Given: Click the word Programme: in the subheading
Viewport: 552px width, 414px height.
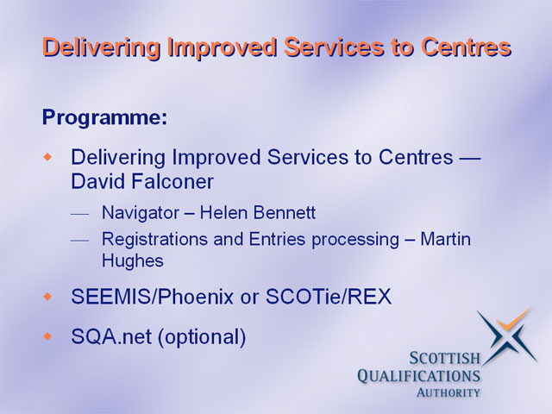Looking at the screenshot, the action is (105, 117).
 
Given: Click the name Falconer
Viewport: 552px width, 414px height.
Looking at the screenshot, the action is (172, 182).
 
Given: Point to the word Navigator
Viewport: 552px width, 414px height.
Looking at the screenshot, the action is (141, 213).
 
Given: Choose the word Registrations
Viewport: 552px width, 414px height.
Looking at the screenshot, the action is (155, 240).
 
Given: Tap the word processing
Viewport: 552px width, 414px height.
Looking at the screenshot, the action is (355, 240).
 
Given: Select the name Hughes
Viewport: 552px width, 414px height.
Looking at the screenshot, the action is (133, 261).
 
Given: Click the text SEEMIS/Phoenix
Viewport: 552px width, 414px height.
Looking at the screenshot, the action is (152, 297).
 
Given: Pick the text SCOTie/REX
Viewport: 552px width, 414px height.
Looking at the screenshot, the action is (328, 297).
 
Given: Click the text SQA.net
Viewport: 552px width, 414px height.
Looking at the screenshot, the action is (111, 336).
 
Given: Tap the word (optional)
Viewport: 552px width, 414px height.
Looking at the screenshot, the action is (201, 337).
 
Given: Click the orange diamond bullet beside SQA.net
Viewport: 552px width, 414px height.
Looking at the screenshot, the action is (47, 336).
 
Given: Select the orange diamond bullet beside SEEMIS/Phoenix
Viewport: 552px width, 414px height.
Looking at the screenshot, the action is (47, 297).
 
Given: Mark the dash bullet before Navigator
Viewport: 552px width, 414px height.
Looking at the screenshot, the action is (79, 214).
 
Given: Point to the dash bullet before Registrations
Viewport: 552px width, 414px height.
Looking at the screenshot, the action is (79, 241).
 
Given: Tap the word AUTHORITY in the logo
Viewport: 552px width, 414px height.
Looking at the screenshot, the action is (448, 392).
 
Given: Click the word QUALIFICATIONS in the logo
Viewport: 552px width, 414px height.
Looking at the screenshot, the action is (419, 376).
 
